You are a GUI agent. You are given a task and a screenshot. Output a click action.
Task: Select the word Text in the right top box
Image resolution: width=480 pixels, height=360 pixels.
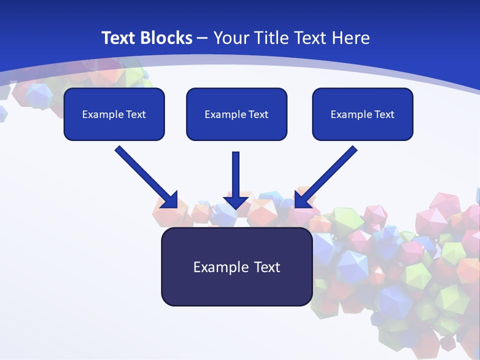(x=384, y=114)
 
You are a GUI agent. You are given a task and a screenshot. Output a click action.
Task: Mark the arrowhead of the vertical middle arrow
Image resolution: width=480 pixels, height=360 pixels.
(x=236, y=201)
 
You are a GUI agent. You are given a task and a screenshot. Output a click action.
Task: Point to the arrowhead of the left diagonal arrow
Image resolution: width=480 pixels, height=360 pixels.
(x=170, y=200)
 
